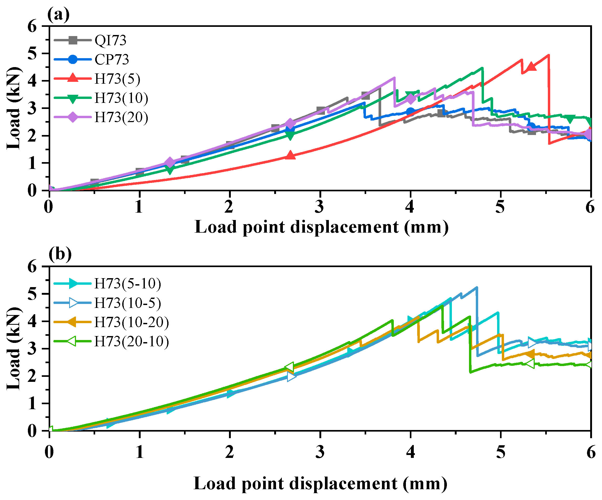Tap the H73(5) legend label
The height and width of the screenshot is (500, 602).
pos(118,79)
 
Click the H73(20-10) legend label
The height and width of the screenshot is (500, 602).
pos(132,341)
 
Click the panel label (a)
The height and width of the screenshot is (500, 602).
pos(58,15)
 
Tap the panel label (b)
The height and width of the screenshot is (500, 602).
pos(60,254)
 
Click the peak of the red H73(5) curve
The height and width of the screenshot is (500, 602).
pos(548,55)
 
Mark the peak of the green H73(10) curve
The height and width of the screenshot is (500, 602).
pos(482,68)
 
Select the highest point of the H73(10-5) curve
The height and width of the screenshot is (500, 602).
pos(477,287)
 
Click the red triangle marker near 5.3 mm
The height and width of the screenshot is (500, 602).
pos(531,66)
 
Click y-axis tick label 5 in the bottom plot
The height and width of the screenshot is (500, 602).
pos(32,294)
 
